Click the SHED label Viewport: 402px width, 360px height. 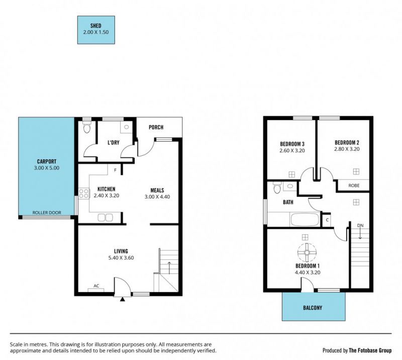[95, 26]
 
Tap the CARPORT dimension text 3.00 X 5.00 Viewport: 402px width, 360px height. [46, 168]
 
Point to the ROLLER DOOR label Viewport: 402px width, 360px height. [47, 213]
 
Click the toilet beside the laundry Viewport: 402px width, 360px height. [87, 128]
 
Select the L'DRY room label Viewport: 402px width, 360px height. [114, 142]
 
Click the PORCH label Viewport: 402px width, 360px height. [156, 127]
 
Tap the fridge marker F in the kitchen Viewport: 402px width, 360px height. [115, 170]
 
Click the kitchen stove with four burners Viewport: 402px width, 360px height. [84, 194]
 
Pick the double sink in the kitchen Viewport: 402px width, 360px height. [105, 218]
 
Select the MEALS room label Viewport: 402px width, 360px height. [157, 191]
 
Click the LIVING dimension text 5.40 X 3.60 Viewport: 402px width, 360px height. [121, 258]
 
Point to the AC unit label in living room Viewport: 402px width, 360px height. [96, 286]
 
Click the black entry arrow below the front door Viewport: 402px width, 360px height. [123, 299]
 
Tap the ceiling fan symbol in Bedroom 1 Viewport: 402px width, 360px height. [307, 252]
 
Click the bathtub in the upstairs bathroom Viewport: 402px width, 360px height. [305, 220]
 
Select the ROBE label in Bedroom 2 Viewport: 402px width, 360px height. [354, 186]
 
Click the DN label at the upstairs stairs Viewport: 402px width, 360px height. [360, 226]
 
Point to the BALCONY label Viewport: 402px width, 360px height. [313, 308]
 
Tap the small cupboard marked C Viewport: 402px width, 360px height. [327, 220]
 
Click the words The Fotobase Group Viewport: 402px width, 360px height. [370, 350]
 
